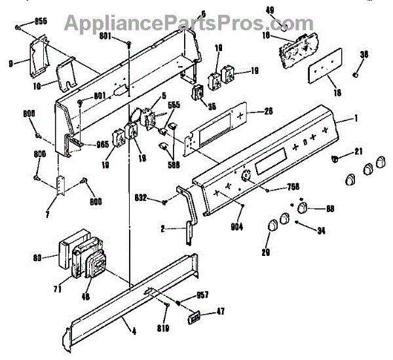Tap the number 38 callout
(365, 54)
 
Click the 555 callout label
(174, 105)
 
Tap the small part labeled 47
(193, 317)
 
